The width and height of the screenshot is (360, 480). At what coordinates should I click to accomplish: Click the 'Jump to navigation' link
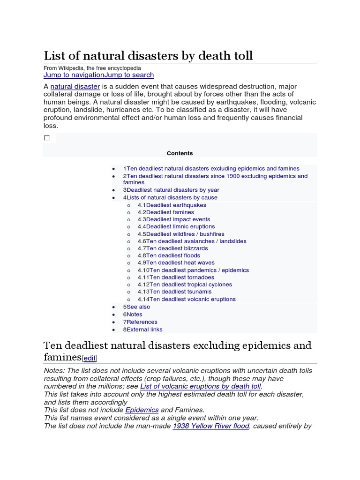(x=74, y=75)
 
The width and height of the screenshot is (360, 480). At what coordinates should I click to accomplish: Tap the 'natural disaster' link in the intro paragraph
(x=75, y=87)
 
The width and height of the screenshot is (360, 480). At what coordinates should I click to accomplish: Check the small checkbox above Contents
(x=47, y=138)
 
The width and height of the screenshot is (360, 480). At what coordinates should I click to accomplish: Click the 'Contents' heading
(x=180, y=153)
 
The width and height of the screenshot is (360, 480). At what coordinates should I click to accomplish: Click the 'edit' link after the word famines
(x=89, y=359)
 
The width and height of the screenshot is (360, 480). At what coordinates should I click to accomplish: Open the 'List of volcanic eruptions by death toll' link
(x=200, y=387)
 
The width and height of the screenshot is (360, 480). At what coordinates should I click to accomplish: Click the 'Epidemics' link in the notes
(x=142, y=410)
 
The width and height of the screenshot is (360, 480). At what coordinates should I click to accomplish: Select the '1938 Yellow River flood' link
(x=211, y=426)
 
